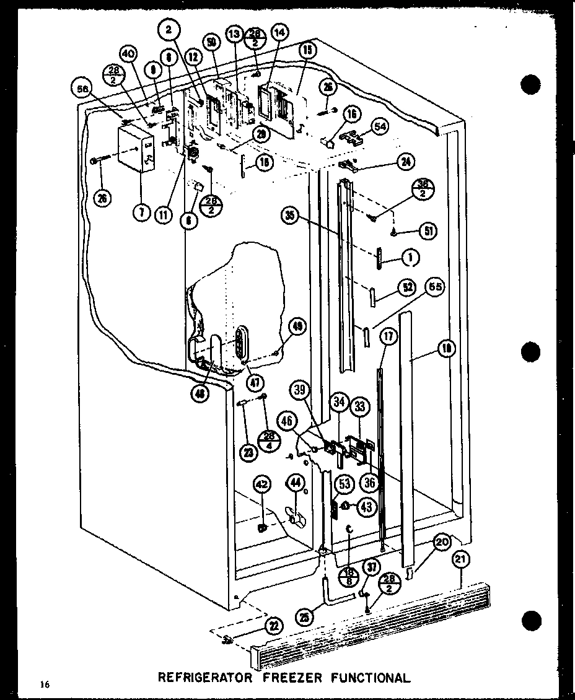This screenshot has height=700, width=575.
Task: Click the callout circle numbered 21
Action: tap(460, 561)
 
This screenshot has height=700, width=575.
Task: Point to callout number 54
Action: tap(380, 126)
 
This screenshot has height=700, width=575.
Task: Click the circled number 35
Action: tap(290, 216)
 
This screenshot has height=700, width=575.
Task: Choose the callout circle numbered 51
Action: tap(428, 232)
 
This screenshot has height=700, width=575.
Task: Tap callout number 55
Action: tap(436, 288)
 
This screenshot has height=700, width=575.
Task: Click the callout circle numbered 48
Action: tap(200, 392)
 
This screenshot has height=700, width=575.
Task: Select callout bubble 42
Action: tap(261, 485)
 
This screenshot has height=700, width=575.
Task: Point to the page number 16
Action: tap(43, 684)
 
